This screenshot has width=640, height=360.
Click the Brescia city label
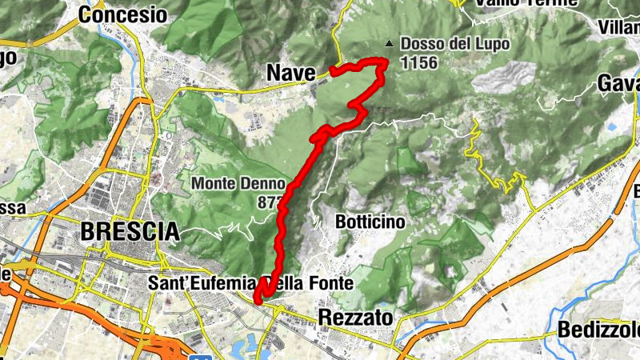click(x=130, y=232)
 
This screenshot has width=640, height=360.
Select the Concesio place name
click(x=122, y=15)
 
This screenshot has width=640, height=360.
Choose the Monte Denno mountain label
click(x=237, y=184)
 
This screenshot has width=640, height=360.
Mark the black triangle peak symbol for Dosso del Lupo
click(x=389, y=44)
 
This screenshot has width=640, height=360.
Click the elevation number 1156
click(x=420, y=62)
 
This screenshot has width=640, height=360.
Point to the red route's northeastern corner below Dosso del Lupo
click(x=385, y=62)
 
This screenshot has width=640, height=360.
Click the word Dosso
click(x=418, y=44)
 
